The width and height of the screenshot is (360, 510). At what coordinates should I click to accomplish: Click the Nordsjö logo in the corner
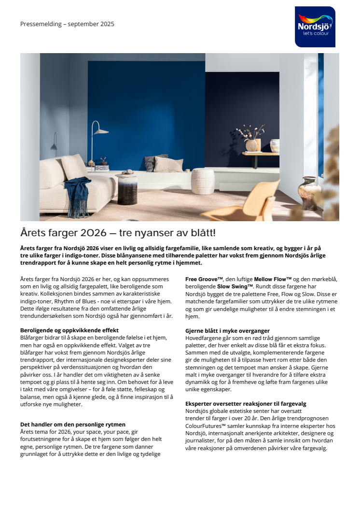pos(315,27)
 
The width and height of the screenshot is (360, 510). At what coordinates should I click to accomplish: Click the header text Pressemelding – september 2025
pos(67,24)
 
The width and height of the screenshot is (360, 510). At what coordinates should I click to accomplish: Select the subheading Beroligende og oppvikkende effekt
pos(69,330)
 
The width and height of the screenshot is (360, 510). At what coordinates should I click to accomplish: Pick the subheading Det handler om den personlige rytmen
pos(73,425)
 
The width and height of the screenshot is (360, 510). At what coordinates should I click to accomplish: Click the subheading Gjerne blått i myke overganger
pos(227,331)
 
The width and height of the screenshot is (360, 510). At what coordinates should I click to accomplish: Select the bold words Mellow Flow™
pos(273,279)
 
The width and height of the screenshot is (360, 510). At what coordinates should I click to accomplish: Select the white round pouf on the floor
pos(203,181)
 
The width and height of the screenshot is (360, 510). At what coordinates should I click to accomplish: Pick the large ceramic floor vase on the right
pos(309,193)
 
